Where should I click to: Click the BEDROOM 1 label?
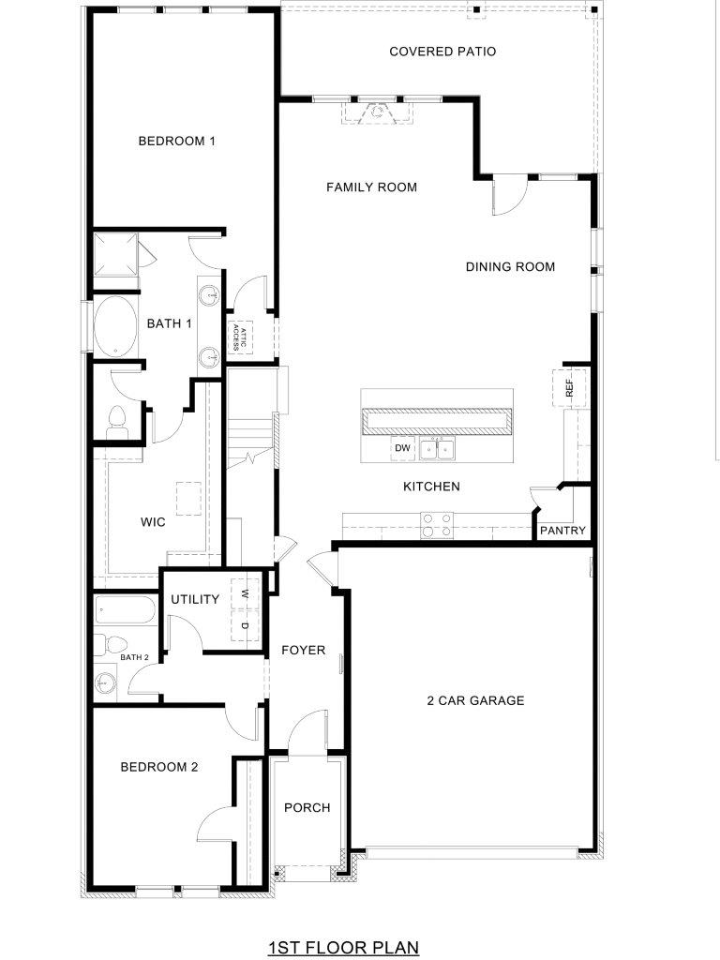click(177, 141)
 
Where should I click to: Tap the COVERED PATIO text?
click(442, 52)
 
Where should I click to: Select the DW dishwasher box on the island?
click(402, 448)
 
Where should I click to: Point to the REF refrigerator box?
click(569, 387)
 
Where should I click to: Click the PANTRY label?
click(562, 531)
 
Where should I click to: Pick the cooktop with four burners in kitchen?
click(437, 525)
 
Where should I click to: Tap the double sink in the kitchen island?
click(438, 449)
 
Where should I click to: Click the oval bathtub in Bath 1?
click(115, 325)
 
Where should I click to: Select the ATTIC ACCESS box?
click(240, 338)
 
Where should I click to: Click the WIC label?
click(153, 522)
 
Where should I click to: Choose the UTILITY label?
click(195, 599)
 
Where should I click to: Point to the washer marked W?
click(245, 593)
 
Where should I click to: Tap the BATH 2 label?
click(134, 657)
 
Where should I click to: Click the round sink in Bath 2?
click(106, 681)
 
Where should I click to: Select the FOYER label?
click(304, 651)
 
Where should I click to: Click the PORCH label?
click(307, 808)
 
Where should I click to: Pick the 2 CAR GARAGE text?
click(475, 700)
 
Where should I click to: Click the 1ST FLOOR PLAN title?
click(344, 948)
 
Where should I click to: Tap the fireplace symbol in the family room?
click(378, 112)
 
